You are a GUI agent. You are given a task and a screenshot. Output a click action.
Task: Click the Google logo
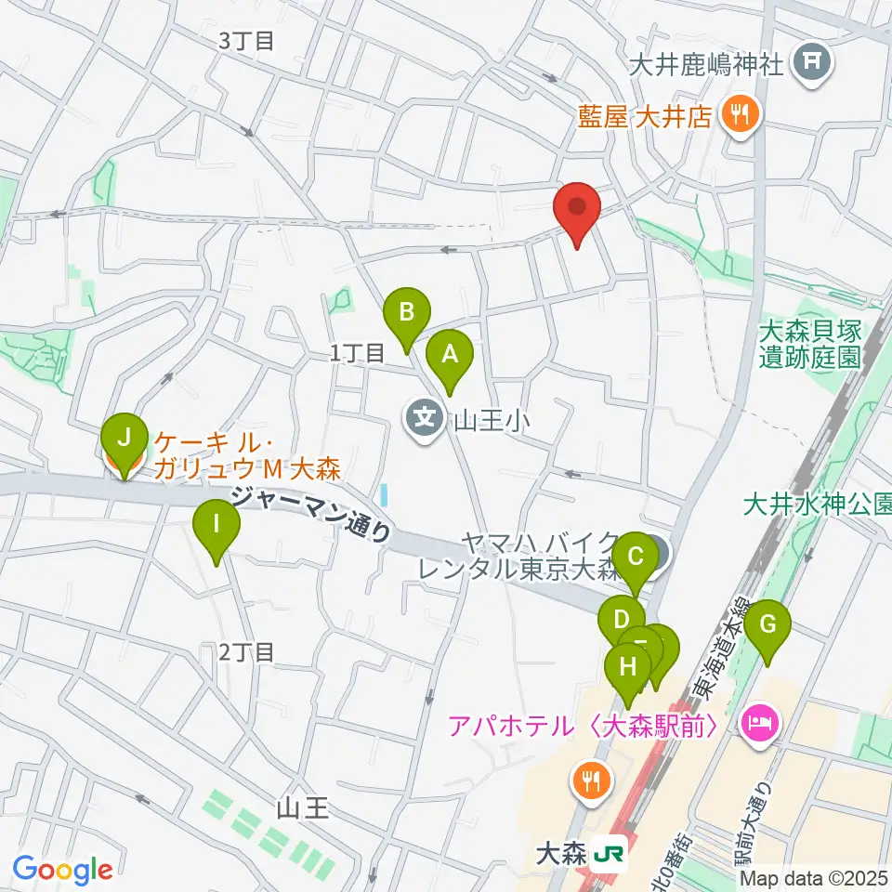tap(62, 870)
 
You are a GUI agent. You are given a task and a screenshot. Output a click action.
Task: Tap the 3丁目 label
tap(246, 40)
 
